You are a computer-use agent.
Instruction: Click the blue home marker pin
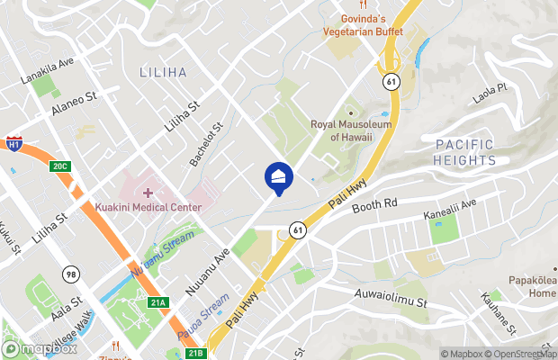click(x=278, y=177)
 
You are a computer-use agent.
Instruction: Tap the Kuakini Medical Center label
click(x=148, y=207)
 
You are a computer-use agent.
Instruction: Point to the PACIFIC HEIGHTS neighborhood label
click(x=465, y=152)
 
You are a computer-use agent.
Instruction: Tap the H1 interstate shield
click(x=13, y=143)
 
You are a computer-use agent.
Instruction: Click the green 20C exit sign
click(x=60, y=166)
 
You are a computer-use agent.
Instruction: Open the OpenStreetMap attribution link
click(x=522, y=353)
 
